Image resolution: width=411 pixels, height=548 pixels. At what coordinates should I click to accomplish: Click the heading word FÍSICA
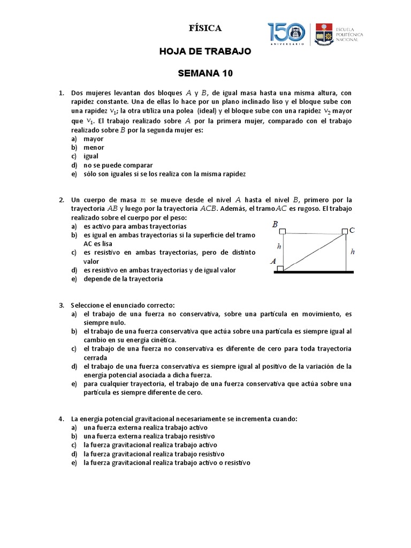[205, 28]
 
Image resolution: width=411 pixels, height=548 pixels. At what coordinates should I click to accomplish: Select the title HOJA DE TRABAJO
[205, 51]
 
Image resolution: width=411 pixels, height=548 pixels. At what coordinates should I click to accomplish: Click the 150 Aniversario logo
[286, 34]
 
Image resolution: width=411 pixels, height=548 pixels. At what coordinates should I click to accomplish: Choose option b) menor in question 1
[94, 147]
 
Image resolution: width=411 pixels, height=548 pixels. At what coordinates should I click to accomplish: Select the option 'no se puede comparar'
[118, 165]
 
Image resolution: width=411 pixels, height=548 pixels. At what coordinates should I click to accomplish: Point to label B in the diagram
[275, 225]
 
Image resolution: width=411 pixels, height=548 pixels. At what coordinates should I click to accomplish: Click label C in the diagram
[352, 231]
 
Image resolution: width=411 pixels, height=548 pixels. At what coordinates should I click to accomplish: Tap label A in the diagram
[273, 262]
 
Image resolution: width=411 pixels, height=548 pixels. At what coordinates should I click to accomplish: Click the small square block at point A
[280, 269]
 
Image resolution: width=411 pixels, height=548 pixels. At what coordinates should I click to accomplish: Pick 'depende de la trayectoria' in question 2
[123, 279]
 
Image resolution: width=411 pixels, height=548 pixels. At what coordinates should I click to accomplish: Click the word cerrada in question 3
[95, 357]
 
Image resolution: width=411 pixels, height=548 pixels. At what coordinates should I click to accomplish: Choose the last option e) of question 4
[166, 462]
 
